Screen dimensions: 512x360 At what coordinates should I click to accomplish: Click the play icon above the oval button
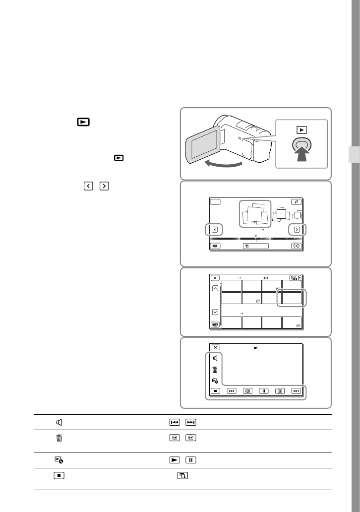point(302,130)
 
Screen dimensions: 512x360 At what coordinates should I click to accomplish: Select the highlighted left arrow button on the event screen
point(215,230)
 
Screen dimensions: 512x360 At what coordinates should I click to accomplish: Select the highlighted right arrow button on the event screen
point(297,230)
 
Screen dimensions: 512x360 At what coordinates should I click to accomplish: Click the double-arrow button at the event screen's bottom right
point(296,246)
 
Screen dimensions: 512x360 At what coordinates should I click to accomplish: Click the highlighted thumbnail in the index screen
point(291,298)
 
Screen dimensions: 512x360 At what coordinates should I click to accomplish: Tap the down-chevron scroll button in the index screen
point(215,312)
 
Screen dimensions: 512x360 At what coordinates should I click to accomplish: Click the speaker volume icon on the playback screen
point(215,358)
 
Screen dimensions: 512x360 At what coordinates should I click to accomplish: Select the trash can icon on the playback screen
point(215,370)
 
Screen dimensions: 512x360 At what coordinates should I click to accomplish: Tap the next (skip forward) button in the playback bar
point(296,391)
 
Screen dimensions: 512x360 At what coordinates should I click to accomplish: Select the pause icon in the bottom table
point(190,459)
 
